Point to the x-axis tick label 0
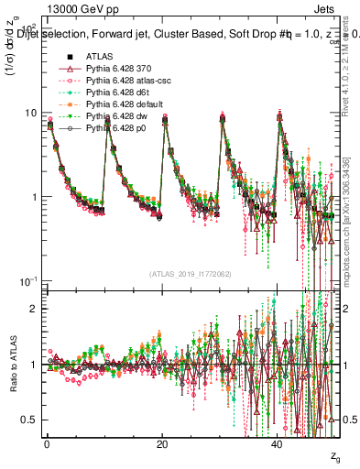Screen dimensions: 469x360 (x=48, y=443)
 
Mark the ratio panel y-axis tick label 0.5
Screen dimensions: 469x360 (x=28, y=420)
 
